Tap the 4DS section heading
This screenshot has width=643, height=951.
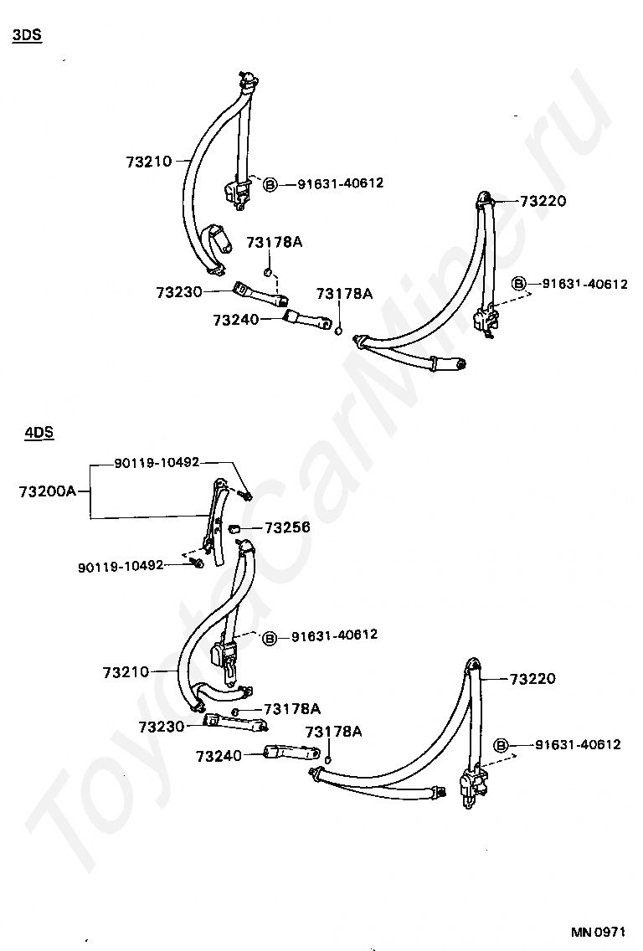coord(39,433)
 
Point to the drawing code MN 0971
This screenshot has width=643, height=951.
coord(599,931)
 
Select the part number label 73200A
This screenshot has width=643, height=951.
coord(47,491)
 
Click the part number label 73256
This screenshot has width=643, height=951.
coord(287,527)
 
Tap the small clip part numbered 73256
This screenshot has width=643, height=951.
coord(235,527)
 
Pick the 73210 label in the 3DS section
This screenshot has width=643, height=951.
coord(149,162)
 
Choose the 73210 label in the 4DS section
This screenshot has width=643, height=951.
coord(126,671)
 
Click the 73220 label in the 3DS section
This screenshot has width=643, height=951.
coord(543,201)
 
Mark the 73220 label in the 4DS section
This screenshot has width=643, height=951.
coord(531,679)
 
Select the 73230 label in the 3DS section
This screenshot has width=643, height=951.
coord(178,291)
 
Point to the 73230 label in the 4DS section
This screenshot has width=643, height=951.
coord(162,726)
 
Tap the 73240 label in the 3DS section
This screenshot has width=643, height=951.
coord(235,319)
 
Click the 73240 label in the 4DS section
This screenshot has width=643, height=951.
coord(219,756)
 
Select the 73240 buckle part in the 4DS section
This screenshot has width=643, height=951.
coord(287,753)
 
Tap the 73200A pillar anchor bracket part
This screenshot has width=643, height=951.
coord(215,519)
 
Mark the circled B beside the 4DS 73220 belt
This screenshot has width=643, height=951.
coord(502,745)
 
